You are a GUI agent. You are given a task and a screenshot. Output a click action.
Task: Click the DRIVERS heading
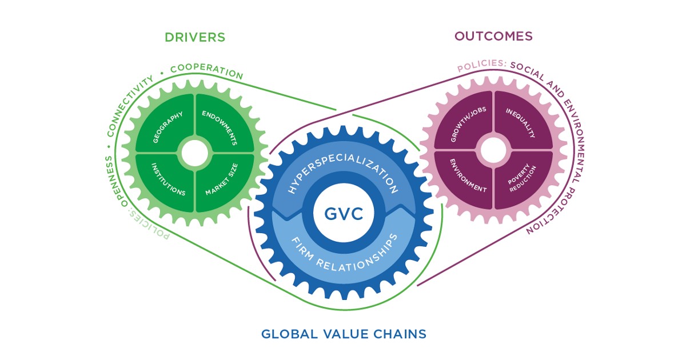click(194, 38)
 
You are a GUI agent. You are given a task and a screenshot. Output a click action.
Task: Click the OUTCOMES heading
click(493, 36)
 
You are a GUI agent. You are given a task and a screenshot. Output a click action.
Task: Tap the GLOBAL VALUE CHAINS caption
click(344, 334)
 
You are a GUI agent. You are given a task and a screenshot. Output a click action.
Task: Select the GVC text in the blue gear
click(344, 215)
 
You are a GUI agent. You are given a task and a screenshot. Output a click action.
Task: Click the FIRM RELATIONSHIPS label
click(344, 255)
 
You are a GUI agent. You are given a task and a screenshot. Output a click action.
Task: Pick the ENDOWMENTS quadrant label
click(220, 127)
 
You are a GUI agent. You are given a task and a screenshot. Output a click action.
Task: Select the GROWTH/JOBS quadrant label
click(466, 126)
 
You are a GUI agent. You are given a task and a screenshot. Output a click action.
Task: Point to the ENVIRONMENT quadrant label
click(467, 178)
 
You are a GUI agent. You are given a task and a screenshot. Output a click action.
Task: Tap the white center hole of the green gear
click(194, 153)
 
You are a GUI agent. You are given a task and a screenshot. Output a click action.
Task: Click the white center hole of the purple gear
click(493, 151)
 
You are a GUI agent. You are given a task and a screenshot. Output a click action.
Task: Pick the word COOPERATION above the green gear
click(206, 71)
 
